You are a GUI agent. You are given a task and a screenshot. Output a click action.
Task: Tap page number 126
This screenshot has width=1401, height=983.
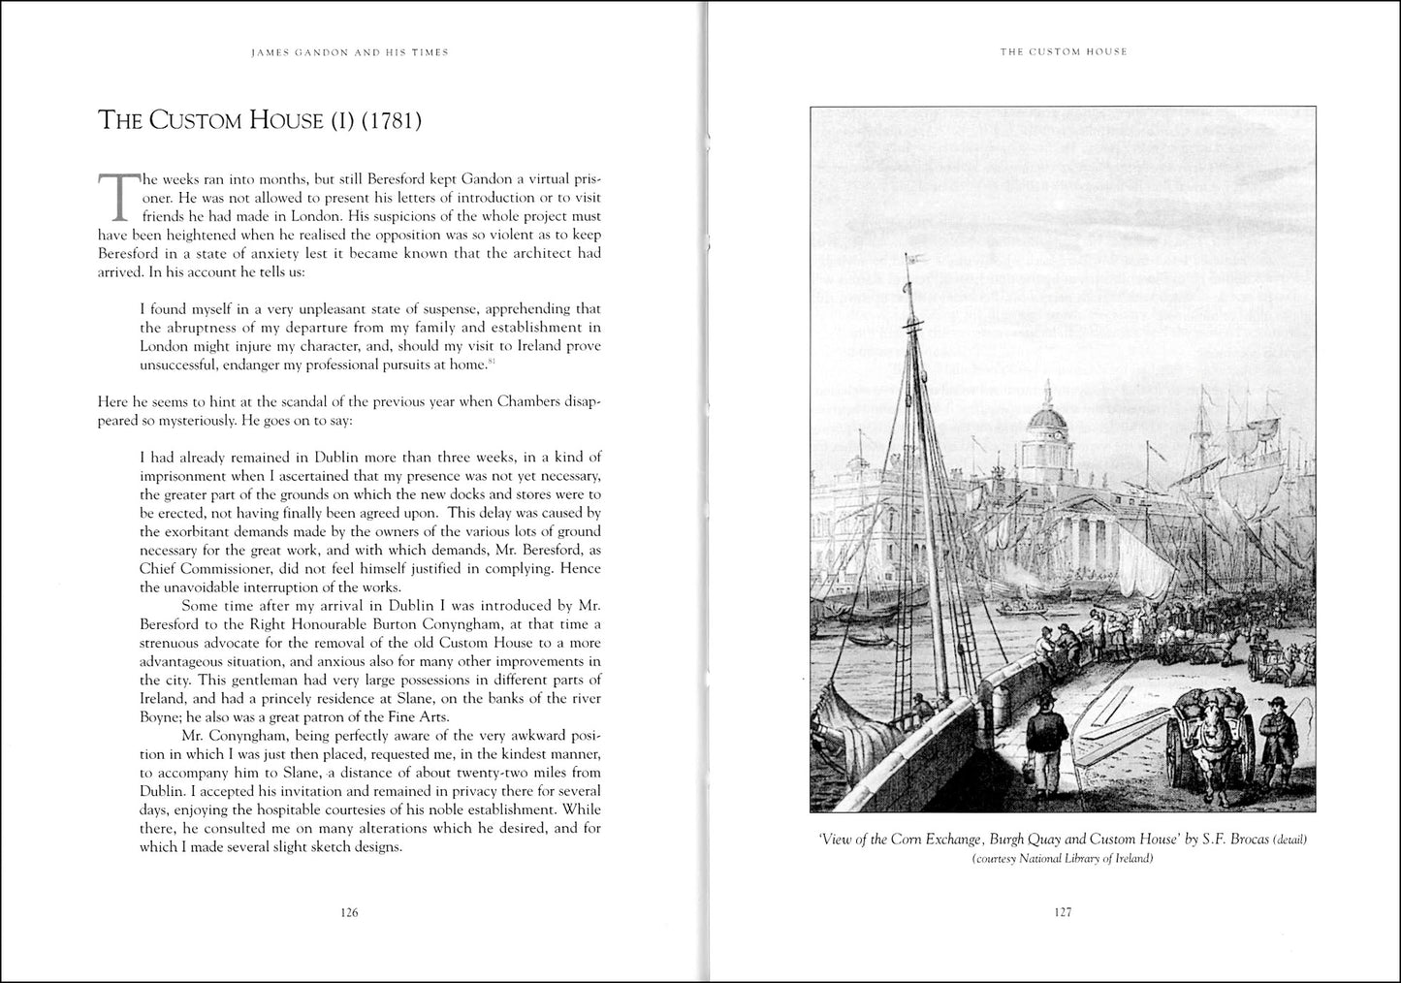tap(349, 912)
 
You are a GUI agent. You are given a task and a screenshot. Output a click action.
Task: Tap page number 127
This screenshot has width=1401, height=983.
tap(1063, 912)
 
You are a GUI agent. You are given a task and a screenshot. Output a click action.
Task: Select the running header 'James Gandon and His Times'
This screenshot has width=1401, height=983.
tap(349, 52)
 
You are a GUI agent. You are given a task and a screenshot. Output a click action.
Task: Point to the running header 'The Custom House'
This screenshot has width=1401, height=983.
tap(1064, 52)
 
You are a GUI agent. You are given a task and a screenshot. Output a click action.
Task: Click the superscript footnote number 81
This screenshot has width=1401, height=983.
tap(493, 362)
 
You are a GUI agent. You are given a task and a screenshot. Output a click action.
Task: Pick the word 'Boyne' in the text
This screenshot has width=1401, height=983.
tap(160, 717)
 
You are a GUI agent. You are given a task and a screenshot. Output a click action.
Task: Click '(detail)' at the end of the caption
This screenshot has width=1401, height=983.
tap(1294, 840)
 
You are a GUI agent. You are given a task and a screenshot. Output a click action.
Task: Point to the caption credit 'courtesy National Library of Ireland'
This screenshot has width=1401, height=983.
tap(1063, 859)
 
